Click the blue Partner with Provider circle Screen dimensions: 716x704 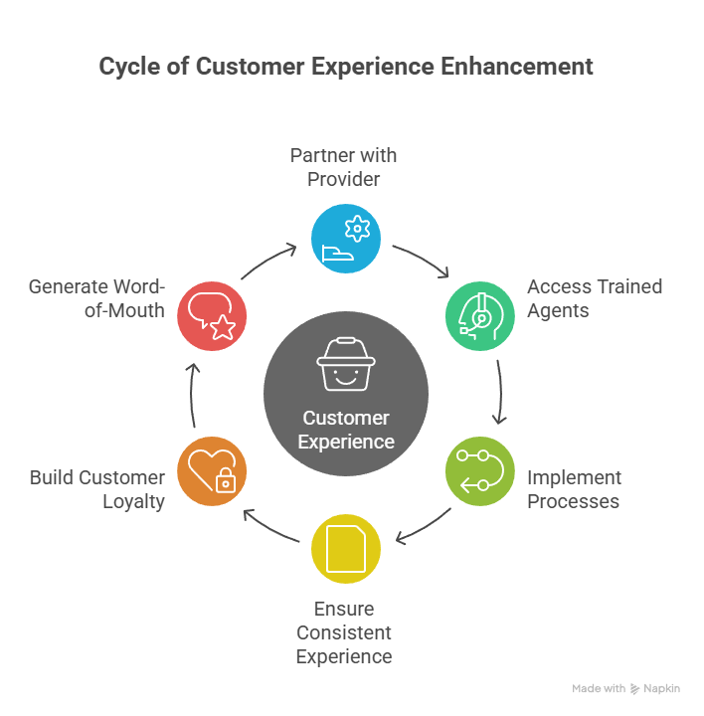pos(346,238)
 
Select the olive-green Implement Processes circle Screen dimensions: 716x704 pos(479,471)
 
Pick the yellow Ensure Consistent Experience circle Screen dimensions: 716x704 pos(346,548)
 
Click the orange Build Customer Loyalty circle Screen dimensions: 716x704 pos(212,471)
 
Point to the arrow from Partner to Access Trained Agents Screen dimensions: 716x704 pos(422,262)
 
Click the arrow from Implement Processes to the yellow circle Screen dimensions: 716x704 pos(424,527)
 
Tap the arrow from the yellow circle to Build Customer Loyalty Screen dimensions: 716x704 pos(270,527)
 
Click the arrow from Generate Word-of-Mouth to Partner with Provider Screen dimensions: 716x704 pos(268,262)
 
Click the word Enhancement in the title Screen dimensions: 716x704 pos(523,67)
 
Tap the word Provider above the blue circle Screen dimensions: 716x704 pos(343,180)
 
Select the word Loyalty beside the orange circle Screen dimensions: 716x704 pos(134,501)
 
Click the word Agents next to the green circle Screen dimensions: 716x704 pos(558,310)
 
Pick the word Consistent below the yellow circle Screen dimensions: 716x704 pos(344,632)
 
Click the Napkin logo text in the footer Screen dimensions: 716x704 pos(661,688)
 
